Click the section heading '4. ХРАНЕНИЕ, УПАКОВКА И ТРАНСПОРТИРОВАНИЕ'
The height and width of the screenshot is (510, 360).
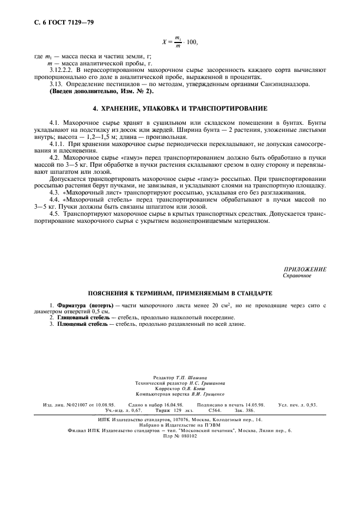click(180, 108)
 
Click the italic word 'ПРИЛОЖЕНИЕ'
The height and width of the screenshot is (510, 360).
click(304, 269)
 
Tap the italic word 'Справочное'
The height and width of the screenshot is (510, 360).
click(297, 276)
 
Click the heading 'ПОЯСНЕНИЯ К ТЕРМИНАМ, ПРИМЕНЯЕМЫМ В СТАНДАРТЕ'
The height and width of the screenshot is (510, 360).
click(180, 293)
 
